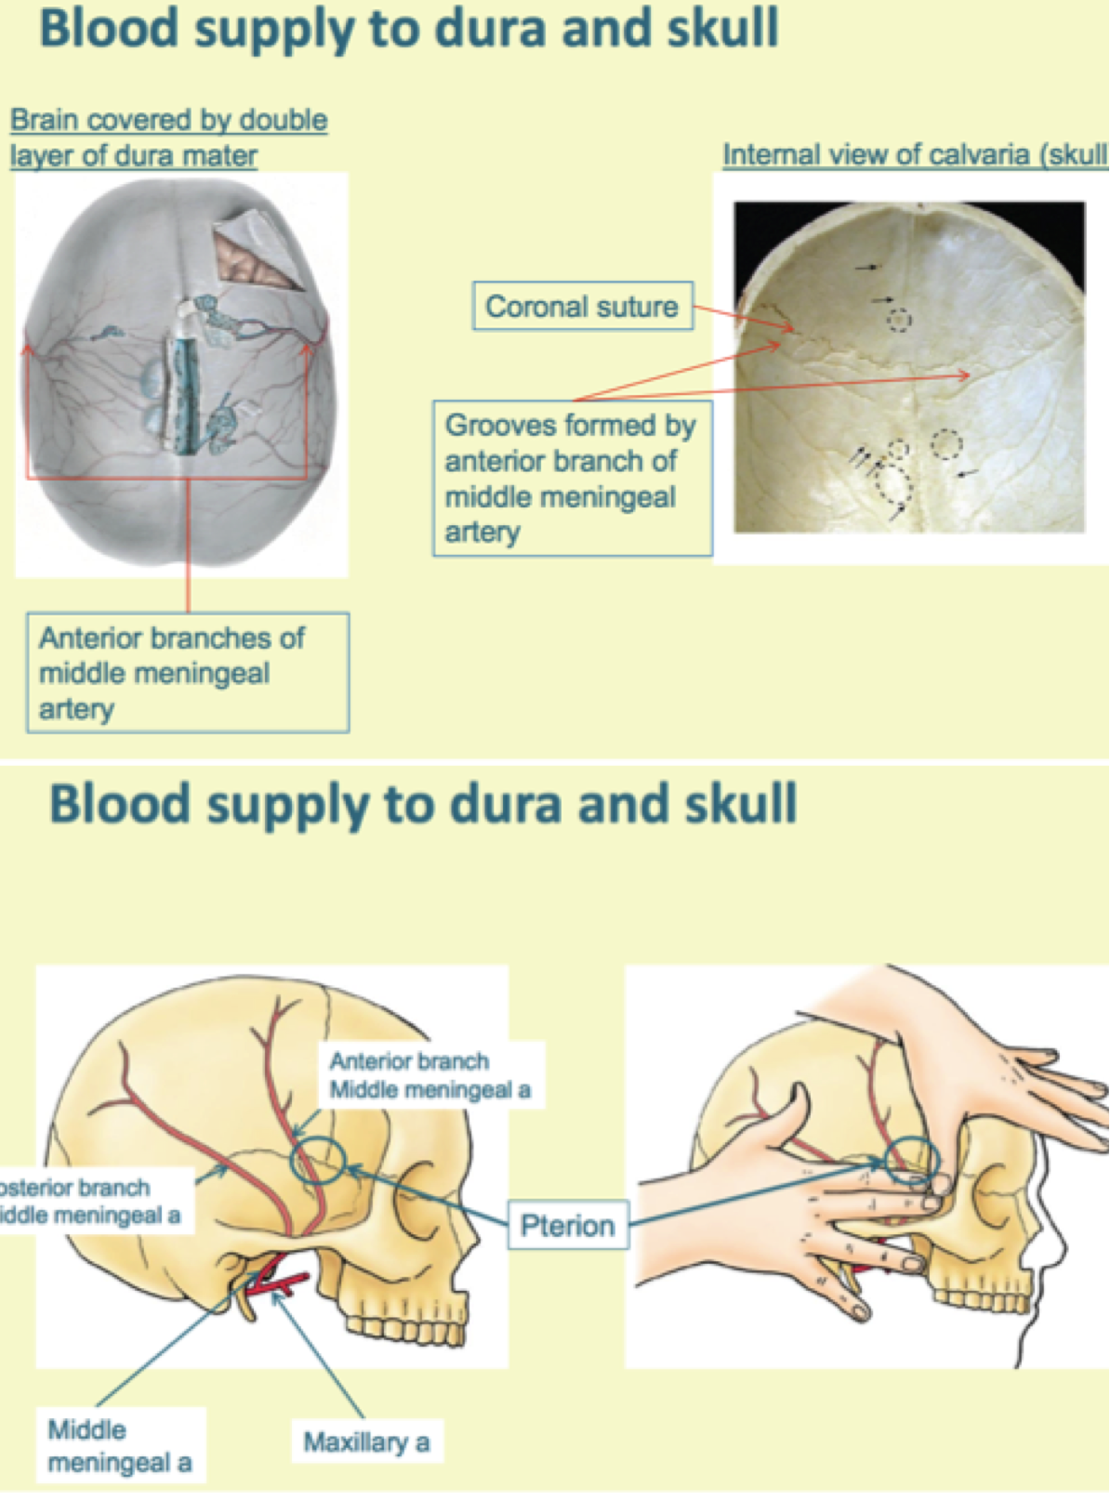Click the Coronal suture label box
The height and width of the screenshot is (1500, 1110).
click(x=582, y=306)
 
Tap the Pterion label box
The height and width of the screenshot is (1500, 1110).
click(x=567, y=1225)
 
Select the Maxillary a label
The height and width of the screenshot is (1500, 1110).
click(x=366, y=1441)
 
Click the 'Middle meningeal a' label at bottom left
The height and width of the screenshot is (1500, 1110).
click(x=119, y=1445)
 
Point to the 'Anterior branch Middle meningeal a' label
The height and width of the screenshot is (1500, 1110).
click(x=429, y=1075)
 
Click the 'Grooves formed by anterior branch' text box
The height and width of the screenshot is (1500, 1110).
click(x=571, y=478)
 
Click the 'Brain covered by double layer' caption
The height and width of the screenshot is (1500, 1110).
click(x=168, y=137)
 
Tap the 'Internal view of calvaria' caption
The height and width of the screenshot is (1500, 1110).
click(x=915, y=154)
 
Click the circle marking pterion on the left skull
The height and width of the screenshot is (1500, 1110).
click(x=318, y=1159)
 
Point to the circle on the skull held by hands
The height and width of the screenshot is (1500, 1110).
click(x=908, y=1160)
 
